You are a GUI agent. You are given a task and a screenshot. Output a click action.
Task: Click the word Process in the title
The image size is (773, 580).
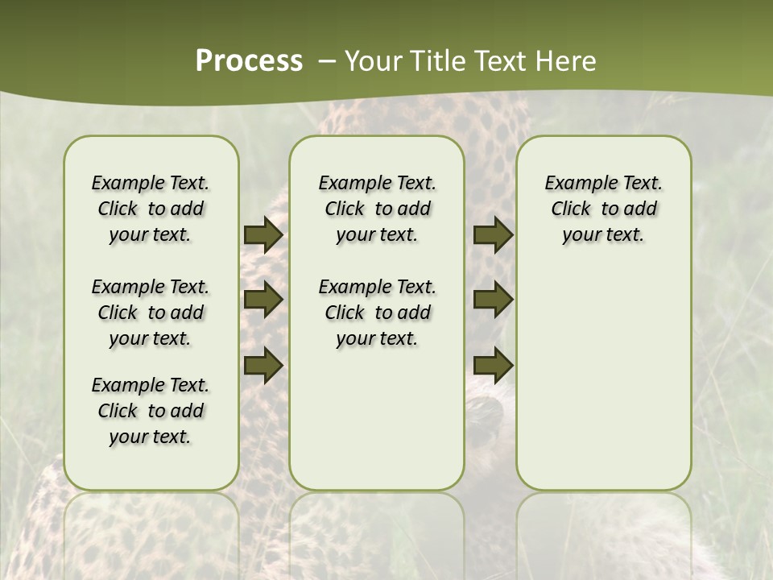point(249,61)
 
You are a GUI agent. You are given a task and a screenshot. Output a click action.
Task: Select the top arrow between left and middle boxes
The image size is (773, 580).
point(262,235)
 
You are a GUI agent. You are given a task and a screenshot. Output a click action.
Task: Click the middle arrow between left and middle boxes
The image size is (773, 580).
point(262,300)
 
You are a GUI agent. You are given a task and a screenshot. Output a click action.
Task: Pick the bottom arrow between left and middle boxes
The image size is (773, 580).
point(262,364)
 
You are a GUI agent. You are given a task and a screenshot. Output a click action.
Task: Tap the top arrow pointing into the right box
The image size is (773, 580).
point(493,235)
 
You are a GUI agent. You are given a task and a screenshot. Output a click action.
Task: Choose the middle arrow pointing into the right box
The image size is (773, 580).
point(493,300)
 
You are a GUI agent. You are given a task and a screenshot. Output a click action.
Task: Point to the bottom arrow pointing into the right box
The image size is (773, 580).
point(493,364)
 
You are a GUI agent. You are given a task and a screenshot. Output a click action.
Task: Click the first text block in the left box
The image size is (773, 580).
point(151,209)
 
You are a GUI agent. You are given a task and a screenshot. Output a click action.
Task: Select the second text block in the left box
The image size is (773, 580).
point(151,313)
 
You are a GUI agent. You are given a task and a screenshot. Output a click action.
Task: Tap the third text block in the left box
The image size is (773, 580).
point(151,411)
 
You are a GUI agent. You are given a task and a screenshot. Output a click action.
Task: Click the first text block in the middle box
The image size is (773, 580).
point(377,209)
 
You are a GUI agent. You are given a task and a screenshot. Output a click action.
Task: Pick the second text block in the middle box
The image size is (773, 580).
point(377,313)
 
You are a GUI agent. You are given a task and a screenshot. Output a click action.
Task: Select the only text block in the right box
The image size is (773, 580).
point(604,209)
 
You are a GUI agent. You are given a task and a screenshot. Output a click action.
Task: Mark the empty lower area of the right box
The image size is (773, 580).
point(604,379)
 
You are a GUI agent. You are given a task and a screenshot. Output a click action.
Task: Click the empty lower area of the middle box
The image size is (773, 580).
point(377,419)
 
